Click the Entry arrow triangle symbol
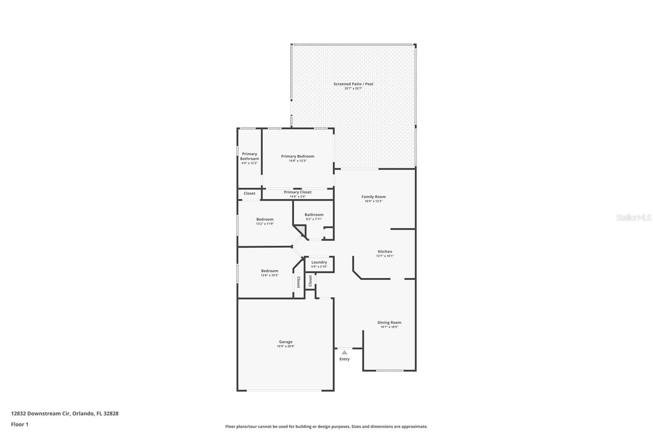click(344, 352)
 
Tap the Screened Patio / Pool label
click(353, 84)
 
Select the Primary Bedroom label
click(298, 156)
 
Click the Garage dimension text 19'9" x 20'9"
click(286, 346)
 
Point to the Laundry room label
click(319, 262)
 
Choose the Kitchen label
click(385, 252)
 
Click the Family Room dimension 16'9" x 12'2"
click(373, 201)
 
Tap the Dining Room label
click(389, 322)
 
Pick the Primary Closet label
click(298, 192)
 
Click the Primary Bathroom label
click(249, 156)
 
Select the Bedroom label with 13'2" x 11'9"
click(265, 220)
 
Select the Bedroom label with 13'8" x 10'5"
click(270, 271)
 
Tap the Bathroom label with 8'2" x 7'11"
click(314, 215)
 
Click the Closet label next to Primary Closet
click(249, 193)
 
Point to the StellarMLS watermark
click(633, 217)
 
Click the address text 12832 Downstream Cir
click(41, 413)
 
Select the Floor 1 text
click(20, 424)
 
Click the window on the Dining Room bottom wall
click(389, 371)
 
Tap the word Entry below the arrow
click(344, 359)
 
